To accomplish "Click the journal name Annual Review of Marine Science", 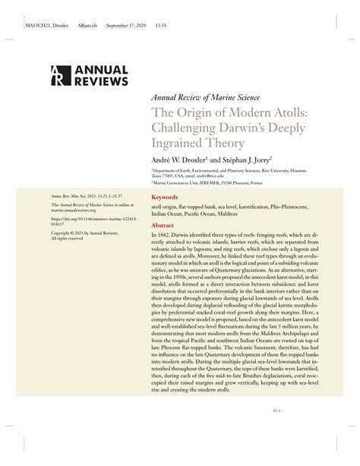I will pos(206,97).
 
